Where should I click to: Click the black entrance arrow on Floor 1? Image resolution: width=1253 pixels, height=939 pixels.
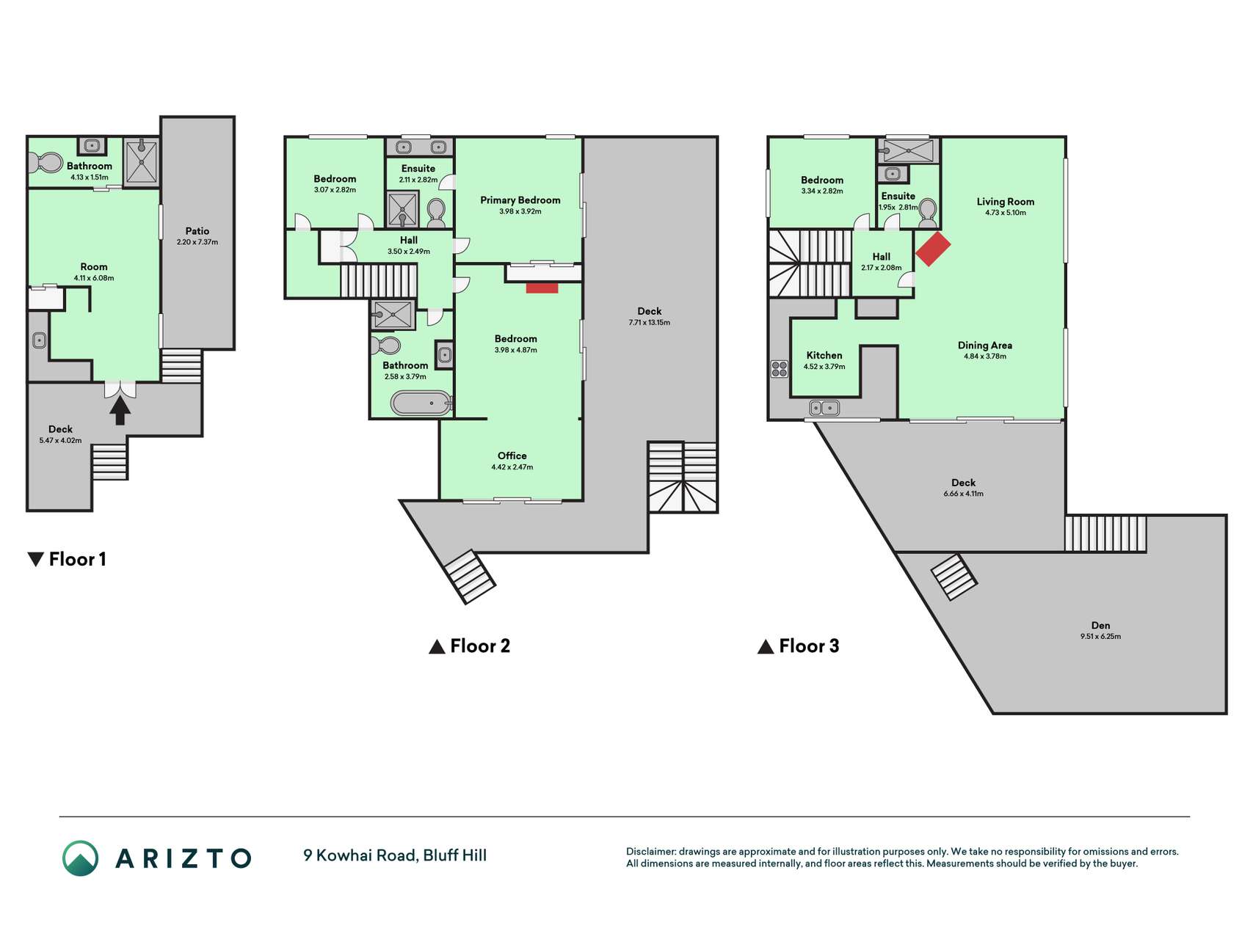120,411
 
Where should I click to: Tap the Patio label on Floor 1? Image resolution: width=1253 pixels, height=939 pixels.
197,231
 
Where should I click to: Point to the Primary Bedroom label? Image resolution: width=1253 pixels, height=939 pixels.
520,200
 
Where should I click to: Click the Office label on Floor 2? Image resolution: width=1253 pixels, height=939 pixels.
512,456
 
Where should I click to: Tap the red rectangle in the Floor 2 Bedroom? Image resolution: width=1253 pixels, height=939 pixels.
542,288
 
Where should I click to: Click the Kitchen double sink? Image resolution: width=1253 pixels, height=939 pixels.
824,408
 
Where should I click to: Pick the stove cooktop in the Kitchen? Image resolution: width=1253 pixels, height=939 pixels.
780,369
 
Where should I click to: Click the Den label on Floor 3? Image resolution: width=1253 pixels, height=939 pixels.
1100,626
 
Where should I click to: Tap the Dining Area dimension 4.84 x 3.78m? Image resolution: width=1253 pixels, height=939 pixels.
985,357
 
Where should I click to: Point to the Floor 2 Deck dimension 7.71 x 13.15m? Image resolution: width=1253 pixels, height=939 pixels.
650,323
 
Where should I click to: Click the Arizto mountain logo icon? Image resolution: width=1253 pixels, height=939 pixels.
80,858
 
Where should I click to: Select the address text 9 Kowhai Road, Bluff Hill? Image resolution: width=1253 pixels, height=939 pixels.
395,855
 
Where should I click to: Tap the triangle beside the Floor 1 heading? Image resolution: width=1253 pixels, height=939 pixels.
35,560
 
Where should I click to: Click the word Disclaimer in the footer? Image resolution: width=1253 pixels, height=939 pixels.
650,852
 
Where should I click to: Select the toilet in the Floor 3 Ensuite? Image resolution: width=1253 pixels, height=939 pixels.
927,211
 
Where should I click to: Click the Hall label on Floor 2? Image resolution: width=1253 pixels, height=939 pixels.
409,240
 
